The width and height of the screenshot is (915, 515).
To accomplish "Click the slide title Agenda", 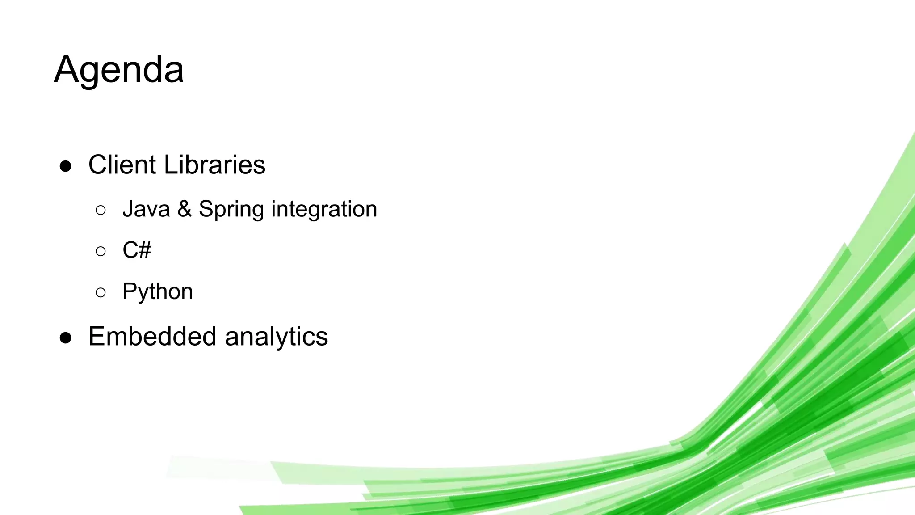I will pyautogui.click(x=119, y=70).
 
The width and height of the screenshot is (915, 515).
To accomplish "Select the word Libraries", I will pyautogui.click(x=214, y=165).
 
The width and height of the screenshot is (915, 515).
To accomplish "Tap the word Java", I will pyautogui.click(x=146, y=209).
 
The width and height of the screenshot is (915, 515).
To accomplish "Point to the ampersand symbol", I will pyautogui.click(x=185, y=209).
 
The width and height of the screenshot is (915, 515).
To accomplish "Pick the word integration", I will pyautogui.click(x=324, y=209).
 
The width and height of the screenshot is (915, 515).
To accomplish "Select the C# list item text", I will pyautogui.click(x=137, y=250).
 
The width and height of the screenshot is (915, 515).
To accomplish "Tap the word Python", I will pyautogui.click(x=158, y=292).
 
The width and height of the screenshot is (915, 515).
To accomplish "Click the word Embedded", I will pyautogui.click(x=152, y=336).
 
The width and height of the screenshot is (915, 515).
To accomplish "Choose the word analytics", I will pyautogui.click(x=276, y=337).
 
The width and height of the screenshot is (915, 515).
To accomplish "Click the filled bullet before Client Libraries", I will pyautogui.click(x=66, y=166).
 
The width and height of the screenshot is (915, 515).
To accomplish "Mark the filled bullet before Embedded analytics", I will pyautogui.click(x=66, y=338).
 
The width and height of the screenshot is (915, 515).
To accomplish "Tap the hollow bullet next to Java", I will pyautogui.click(x=101, y=210).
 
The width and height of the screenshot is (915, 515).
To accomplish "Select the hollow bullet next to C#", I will pyautogui.click(x=101, y=251).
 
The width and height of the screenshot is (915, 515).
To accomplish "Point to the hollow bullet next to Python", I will pyautogui.click(x=101, y=293).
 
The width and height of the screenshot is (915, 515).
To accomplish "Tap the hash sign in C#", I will pyautogui.click(x=144, y=250).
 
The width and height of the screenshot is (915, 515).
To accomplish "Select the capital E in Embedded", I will pyautogui.click(x=97, y=336).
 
